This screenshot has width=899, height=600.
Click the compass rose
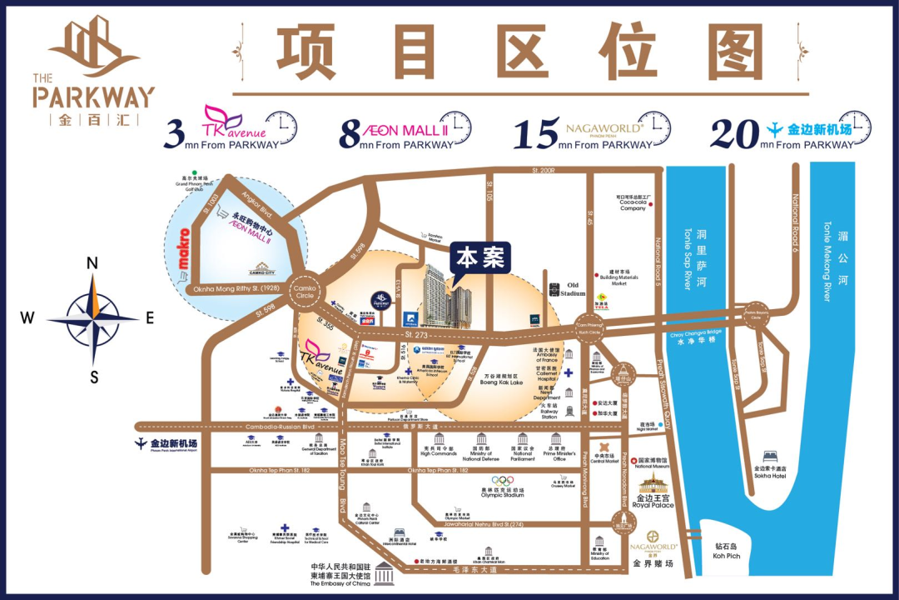click(92, 318)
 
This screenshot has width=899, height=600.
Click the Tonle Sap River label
click(687, 257)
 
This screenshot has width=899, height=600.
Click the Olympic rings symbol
click(503, 480)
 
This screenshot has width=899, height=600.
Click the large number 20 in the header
click(736, 133)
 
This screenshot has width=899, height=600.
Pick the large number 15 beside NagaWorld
click(534, 133)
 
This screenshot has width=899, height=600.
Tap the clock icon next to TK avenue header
click(282, 127)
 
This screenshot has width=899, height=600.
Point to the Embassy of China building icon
click(385, 574)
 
